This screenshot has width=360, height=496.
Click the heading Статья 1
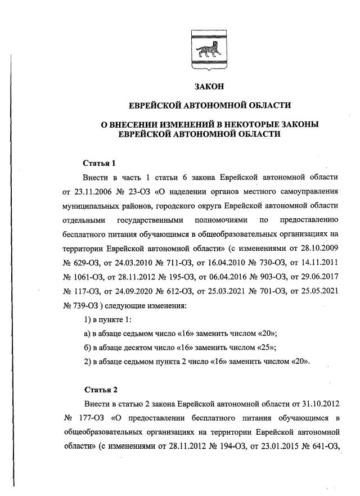point(100,164)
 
